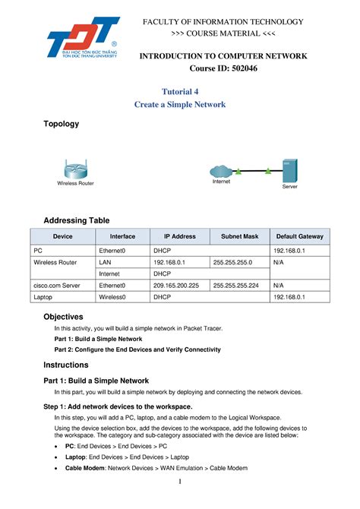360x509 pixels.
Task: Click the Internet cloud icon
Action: pyautogui.click(x=220, y=171)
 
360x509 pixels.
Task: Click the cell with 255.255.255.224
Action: pyautogui.click(x=236, y=286)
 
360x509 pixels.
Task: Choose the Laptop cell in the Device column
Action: pyautogui.click(x=44, y=298)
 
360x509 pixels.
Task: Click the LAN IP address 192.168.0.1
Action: pyautogui.click(x=170, y=261)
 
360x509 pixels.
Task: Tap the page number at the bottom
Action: pyautogui.click(x=180, y=483)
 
